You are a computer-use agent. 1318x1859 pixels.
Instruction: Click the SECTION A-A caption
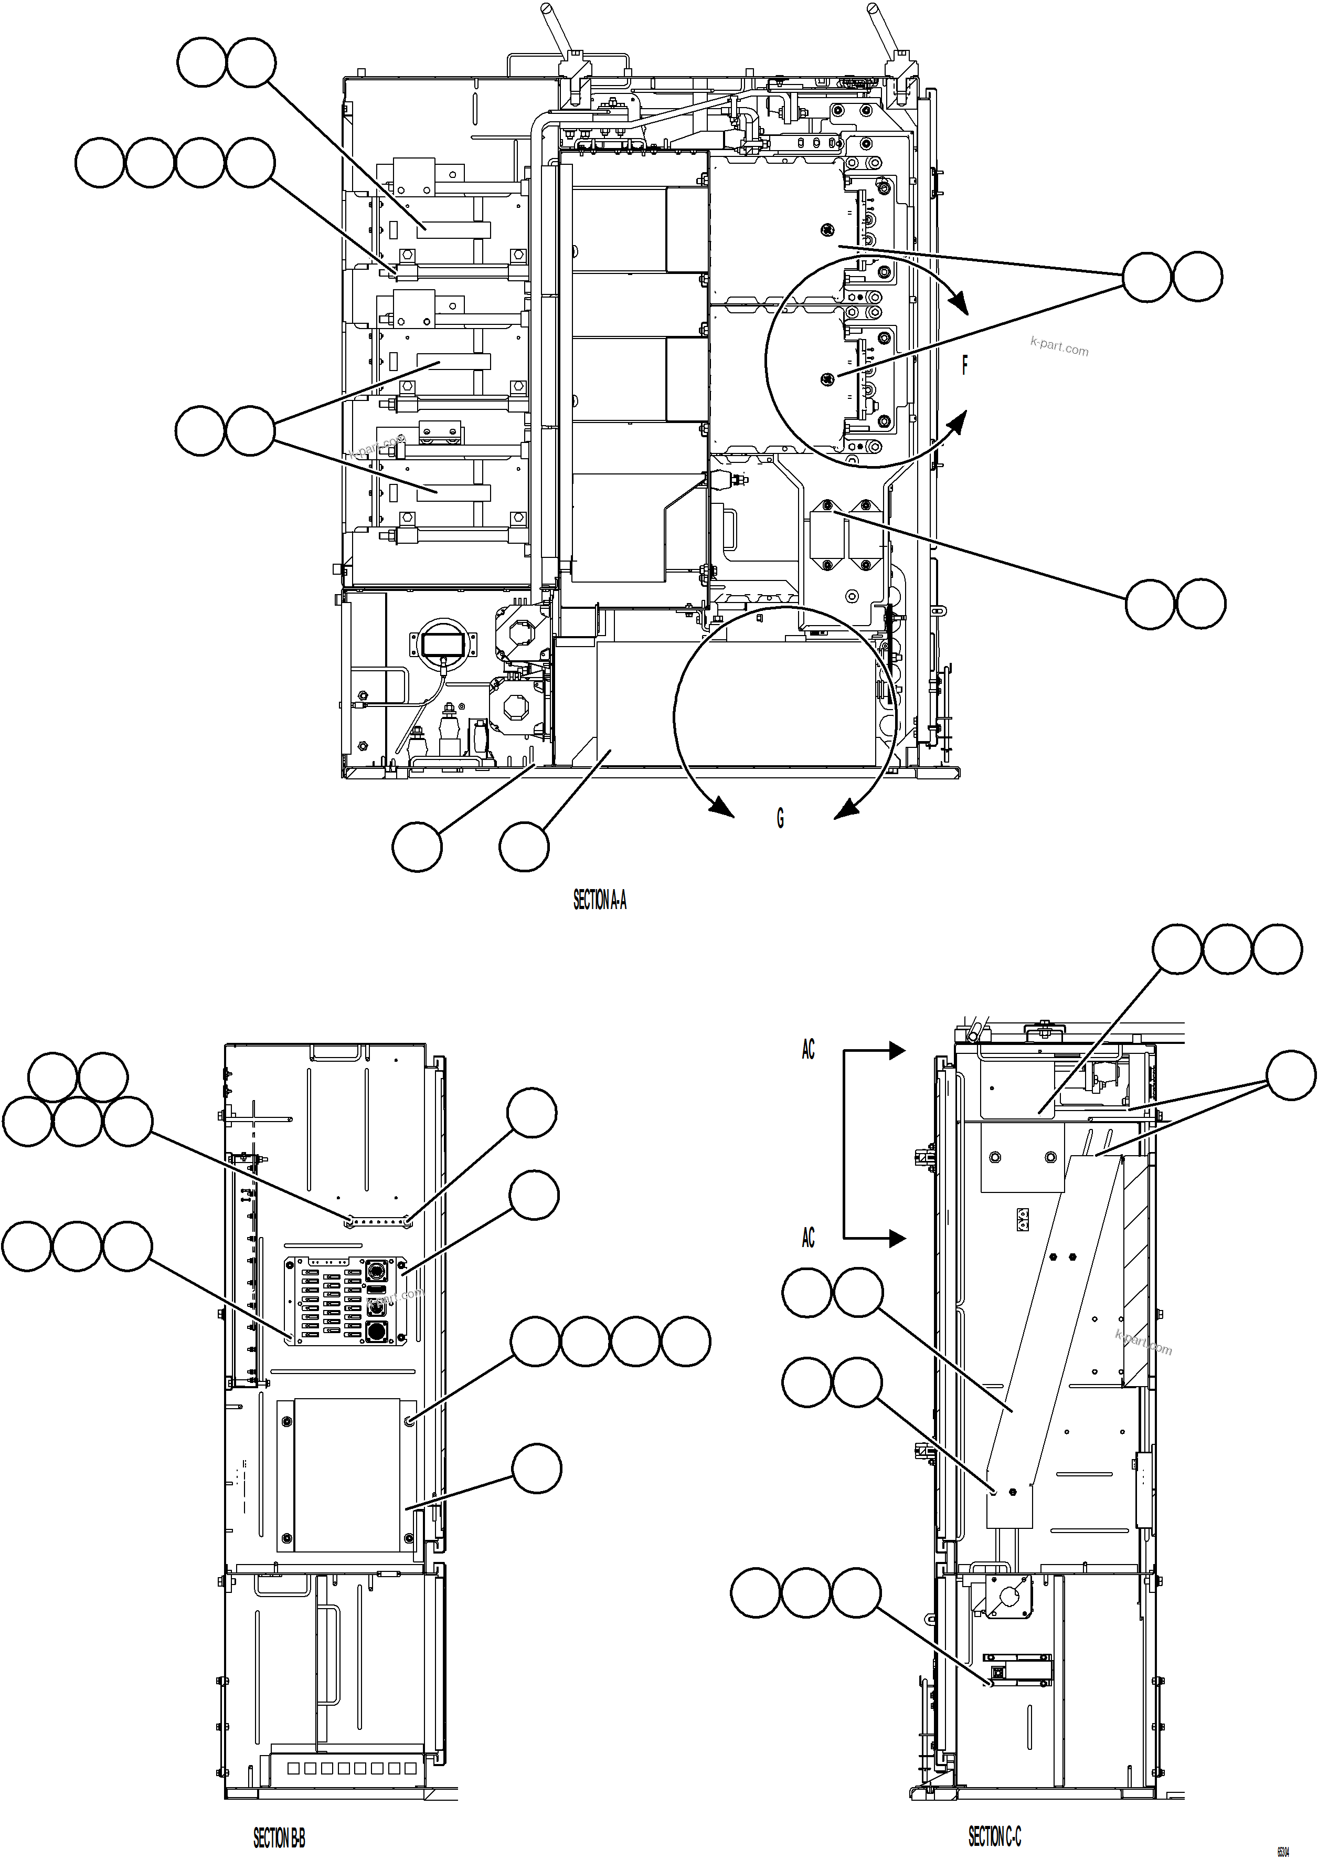coord(600,900)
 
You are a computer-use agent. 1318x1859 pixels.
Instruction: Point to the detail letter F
coord(964,365)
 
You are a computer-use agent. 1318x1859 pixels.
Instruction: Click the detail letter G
coord(780,818)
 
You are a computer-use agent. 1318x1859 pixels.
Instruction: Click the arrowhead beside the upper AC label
coord(896,1050)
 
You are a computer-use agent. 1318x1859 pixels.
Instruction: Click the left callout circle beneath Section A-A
coord(417,847)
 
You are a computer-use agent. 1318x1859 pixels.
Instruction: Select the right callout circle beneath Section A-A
coord(524,847)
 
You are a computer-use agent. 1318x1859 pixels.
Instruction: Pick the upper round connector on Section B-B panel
coord(377,1269)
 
